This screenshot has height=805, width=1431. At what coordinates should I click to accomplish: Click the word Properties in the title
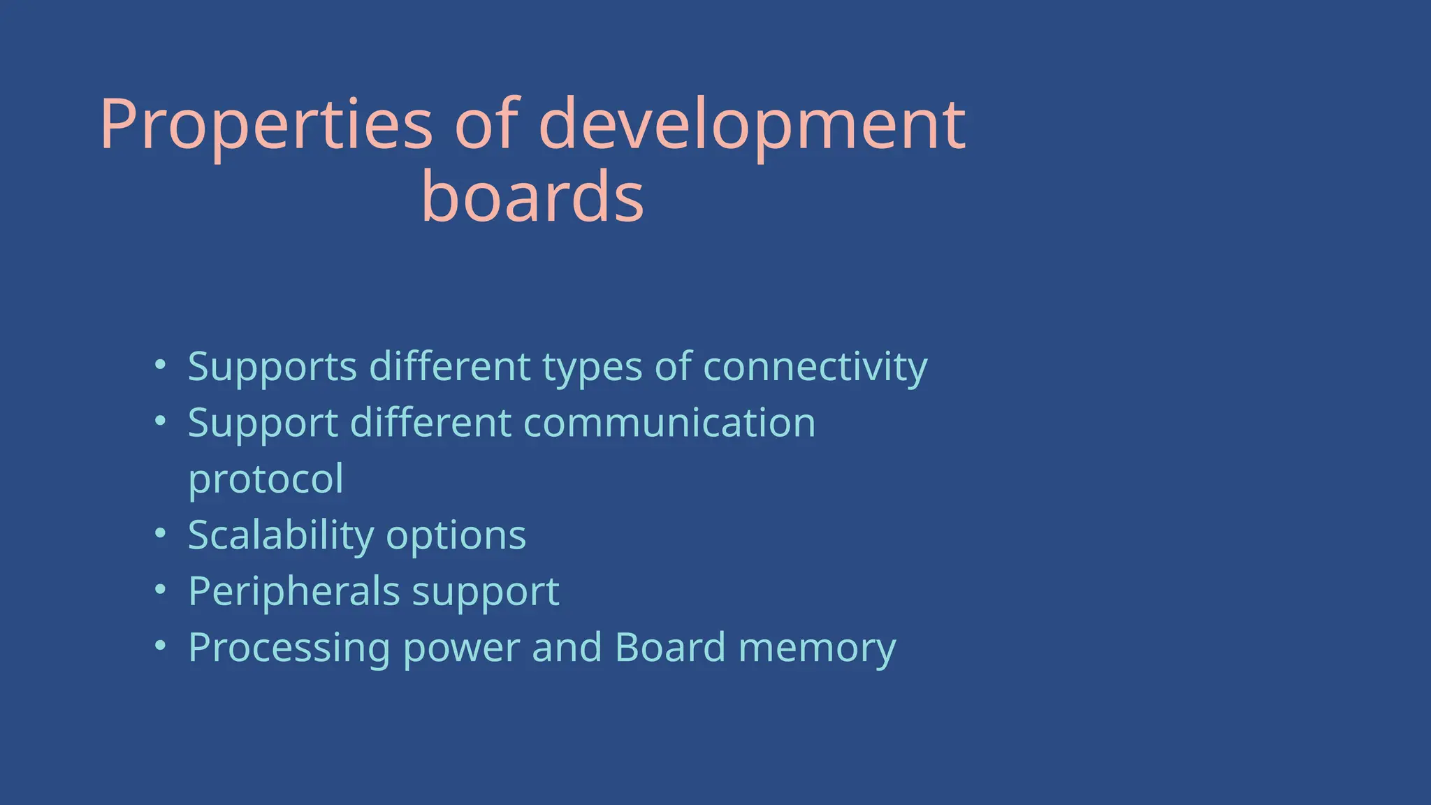pyautogui.click(x=266, y=126)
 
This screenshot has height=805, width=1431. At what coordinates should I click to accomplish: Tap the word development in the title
pyautogui.click(x=752, y=126)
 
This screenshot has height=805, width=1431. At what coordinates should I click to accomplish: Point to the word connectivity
pyautogui.click(x=815, y=367)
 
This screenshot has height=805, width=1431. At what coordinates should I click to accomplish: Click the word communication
pyautogui.click(x=669, y=423)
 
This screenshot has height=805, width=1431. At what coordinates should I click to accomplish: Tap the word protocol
pyautogui.click(x=266, y=480)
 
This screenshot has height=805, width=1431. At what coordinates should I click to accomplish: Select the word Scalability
pyautogui.click(x=281, y=536)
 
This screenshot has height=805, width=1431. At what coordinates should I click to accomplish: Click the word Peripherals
pyautogui.click(x=293, y=592)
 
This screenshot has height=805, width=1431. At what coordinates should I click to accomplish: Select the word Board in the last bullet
pyautogui.click(x=670, y=647)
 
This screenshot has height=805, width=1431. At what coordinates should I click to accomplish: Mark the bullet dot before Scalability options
pyautogui.click(x=161, y=533)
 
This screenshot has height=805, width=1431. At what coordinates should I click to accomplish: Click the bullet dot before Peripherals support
pyautogui.click(x=161, y=589)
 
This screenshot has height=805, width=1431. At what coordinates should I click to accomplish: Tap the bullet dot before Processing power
pyautogui.click(x=161, y=646)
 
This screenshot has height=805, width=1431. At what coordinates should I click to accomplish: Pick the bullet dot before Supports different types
pyautogui.click(x=161, y=364)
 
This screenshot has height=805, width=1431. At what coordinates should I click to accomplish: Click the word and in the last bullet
pyautogui.click(x=567, y=647)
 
